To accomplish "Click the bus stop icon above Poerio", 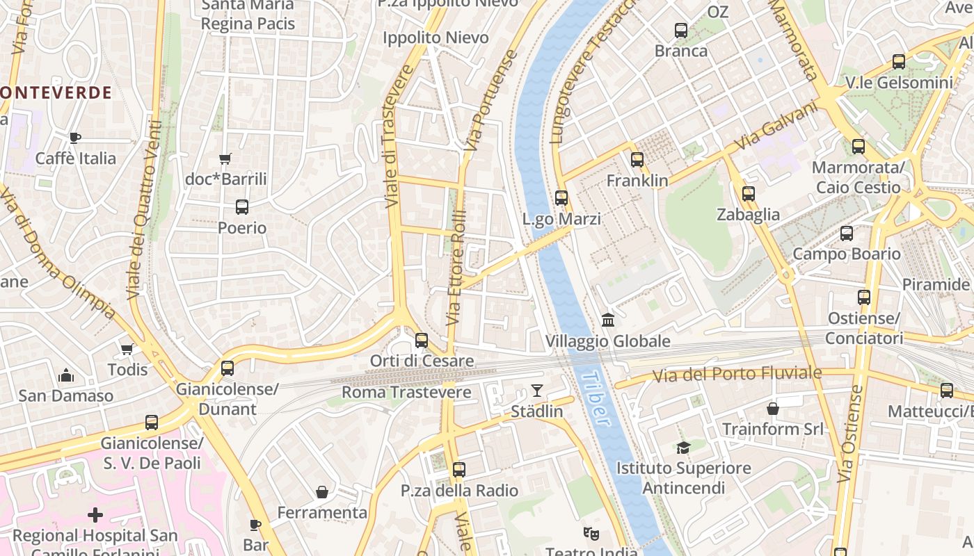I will coord(241,207).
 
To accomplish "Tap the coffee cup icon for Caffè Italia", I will coord(74,138).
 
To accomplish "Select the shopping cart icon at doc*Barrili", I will coord(225,159).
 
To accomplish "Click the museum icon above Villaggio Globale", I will coord(607,320).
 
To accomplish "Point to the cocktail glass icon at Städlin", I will coord(536,391).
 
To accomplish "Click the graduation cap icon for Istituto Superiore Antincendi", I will coord(683,448).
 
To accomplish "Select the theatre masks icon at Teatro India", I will coord(591,533).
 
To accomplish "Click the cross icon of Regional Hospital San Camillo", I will coord(95,515).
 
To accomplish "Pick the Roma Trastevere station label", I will coord(406,393).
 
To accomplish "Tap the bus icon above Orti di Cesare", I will coord(421,341).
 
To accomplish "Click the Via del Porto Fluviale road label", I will coord(737,375).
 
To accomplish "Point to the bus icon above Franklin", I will coord(637,160).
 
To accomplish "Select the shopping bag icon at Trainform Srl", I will coord(772,409).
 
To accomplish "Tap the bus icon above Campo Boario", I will coord(846,234).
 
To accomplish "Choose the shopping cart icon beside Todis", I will coord(127,349).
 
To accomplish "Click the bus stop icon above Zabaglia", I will coord(748,194).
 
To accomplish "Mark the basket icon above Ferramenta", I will coord(322,492).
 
